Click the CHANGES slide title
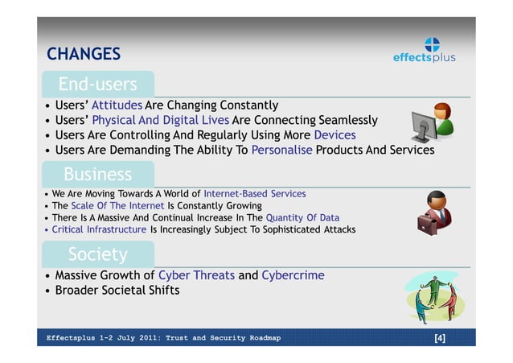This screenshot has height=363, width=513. (84, 54)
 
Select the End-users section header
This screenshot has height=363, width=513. (97, 84)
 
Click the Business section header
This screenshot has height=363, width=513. (97, 174)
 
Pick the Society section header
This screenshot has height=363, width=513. (97, 254)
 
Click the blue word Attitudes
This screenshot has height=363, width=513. (117, 105)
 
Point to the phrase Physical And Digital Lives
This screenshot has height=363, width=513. (160, 121)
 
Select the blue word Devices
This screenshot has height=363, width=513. (334, 135)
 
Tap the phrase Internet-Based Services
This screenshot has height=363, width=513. (254, 194)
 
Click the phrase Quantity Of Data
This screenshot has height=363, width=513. (302, 217)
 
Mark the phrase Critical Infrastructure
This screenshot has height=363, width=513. (99, 229)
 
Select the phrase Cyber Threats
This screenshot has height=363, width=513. (196, 275)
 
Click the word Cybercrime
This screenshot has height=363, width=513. (293, 275)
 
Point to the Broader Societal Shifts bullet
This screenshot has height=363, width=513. (117, 290)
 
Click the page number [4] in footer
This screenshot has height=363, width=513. (439, 338)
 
